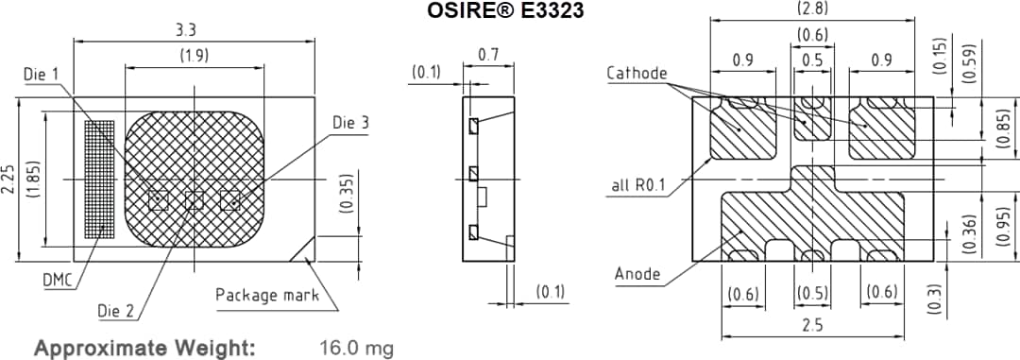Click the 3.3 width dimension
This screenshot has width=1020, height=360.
[186, 31]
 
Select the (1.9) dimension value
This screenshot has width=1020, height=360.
[195, 56]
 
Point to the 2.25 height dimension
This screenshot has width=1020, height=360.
[8, 179]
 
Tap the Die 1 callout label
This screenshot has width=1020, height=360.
[42, 74]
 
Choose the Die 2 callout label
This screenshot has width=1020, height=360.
[116, 311]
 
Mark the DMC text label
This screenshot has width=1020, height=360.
[59, 280]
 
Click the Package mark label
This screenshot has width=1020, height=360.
[267, 295]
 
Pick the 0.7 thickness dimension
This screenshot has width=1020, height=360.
[487, 55]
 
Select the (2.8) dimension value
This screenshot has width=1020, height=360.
[813, 10]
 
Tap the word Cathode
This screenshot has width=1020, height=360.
[637, 73]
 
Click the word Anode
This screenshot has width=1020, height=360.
[637, 274]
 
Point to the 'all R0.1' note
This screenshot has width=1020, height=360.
[637, 185]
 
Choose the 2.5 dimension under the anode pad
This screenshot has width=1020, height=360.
[812, 325]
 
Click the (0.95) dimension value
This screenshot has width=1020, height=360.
[1004, 227]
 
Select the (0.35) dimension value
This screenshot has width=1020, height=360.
[347, 193]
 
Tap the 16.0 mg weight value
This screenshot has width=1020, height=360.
[356, 349]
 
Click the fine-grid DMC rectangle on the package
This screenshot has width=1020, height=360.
[97, 178]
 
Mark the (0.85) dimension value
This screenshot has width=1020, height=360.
[1003, 129]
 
